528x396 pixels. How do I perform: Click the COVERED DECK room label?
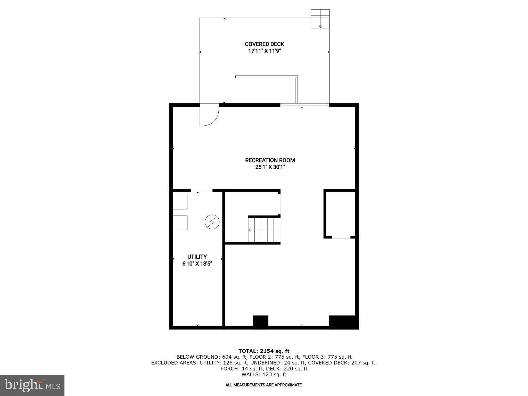click(x=264, y=44)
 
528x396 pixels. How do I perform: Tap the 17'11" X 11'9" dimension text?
click(x=264, y=51)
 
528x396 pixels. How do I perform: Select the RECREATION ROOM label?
click(x=270, y=160)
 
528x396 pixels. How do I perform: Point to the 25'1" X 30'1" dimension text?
click(x=270, y=167)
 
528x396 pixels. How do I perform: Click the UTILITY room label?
click(x=197, y=257)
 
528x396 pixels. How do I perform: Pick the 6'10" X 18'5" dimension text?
click(x=197, y=264)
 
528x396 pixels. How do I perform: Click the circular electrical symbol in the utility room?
click(x=212, y=222)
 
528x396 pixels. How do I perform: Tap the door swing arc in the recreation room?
click(x=210, y=117)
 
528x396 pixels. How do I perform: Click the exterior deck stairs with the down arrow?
click(x=320, y=19)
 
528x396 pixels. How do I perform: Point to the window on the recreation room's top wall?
click(x=304, y=105)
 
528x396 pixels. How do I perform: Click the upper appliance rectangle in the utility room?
click(x=180, y=202)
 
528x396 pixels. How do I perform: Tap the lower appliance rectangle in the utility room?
click(x=180, y=222)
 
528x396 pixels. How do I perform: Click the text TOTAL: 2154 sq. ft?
click(x=264, y=351)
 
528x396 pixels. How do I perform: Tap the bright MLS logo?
click(x=32, y=385)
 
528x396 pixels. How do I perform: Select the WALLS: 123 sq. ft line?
click(x=264, y=375)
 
